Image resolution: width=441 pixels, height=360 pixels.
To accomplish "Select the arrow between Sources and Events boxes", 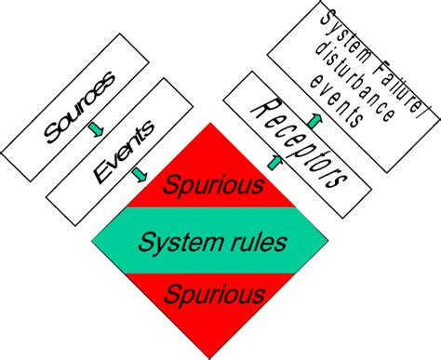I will click(94, 128).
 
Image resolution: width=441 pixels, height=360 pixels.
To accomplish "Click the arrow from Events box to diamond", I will click(140, 173).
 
